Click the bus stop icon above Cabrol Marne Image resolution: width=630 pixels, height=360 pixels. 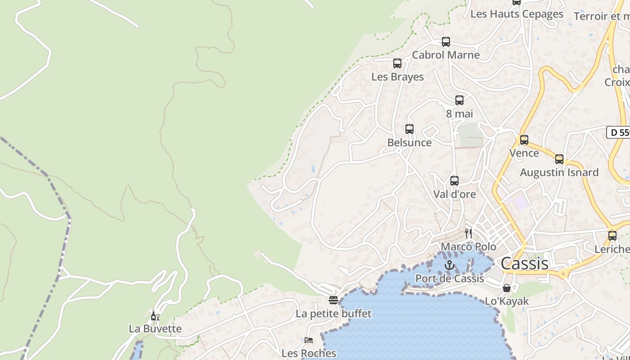(x=445, y=42)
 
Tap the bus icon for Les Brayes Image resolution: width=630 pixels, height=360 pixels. (x=397, y=63)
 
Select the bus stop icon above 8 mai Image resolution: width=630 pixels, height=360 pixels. (x=459, y=100)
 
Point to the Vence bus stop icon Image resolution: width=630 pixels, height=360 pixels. (x=524, y=140)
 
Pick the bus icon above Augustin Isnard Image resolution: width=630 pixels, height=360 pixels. (x=559, y=159)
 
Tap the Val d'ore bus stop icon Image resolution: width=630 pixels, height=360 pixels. (x=454, y=181)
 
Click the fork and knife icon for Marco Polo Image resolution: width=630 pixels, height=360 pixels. (x=468, y=233)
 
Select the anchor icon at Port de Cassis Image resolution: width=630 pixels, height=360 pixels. (x=450, y=265)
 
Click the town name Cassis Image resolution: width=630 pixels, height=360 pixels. (x=524, y=264)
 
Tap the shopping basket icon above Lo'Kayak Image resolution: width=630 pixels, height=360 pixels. (x=507, y=288)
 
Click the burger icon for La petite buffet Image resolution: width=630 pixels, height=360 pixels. (x=333, y=300)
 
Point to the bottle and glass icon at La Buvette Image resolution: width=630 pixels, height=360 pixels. (x=155, y=316)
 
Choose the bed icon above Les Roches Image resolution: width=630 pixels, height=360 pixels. (x=309, y=340)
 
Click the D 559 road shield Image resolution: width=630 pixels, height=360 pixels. (x=619, y=132)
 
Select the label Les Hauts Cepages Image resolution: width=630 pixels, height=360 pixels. (x=517, y=14)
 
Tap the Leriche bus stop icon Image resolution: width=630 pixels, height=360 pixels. (x=612, y=236)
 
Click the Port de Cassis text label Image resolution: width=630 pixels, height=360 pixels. (x=450, y=279)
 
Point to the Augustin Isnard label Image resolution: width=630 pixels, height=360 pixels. (x=559, y=172)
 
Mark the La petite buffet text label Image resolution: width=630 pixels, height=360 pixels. (x=333, y=314)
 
